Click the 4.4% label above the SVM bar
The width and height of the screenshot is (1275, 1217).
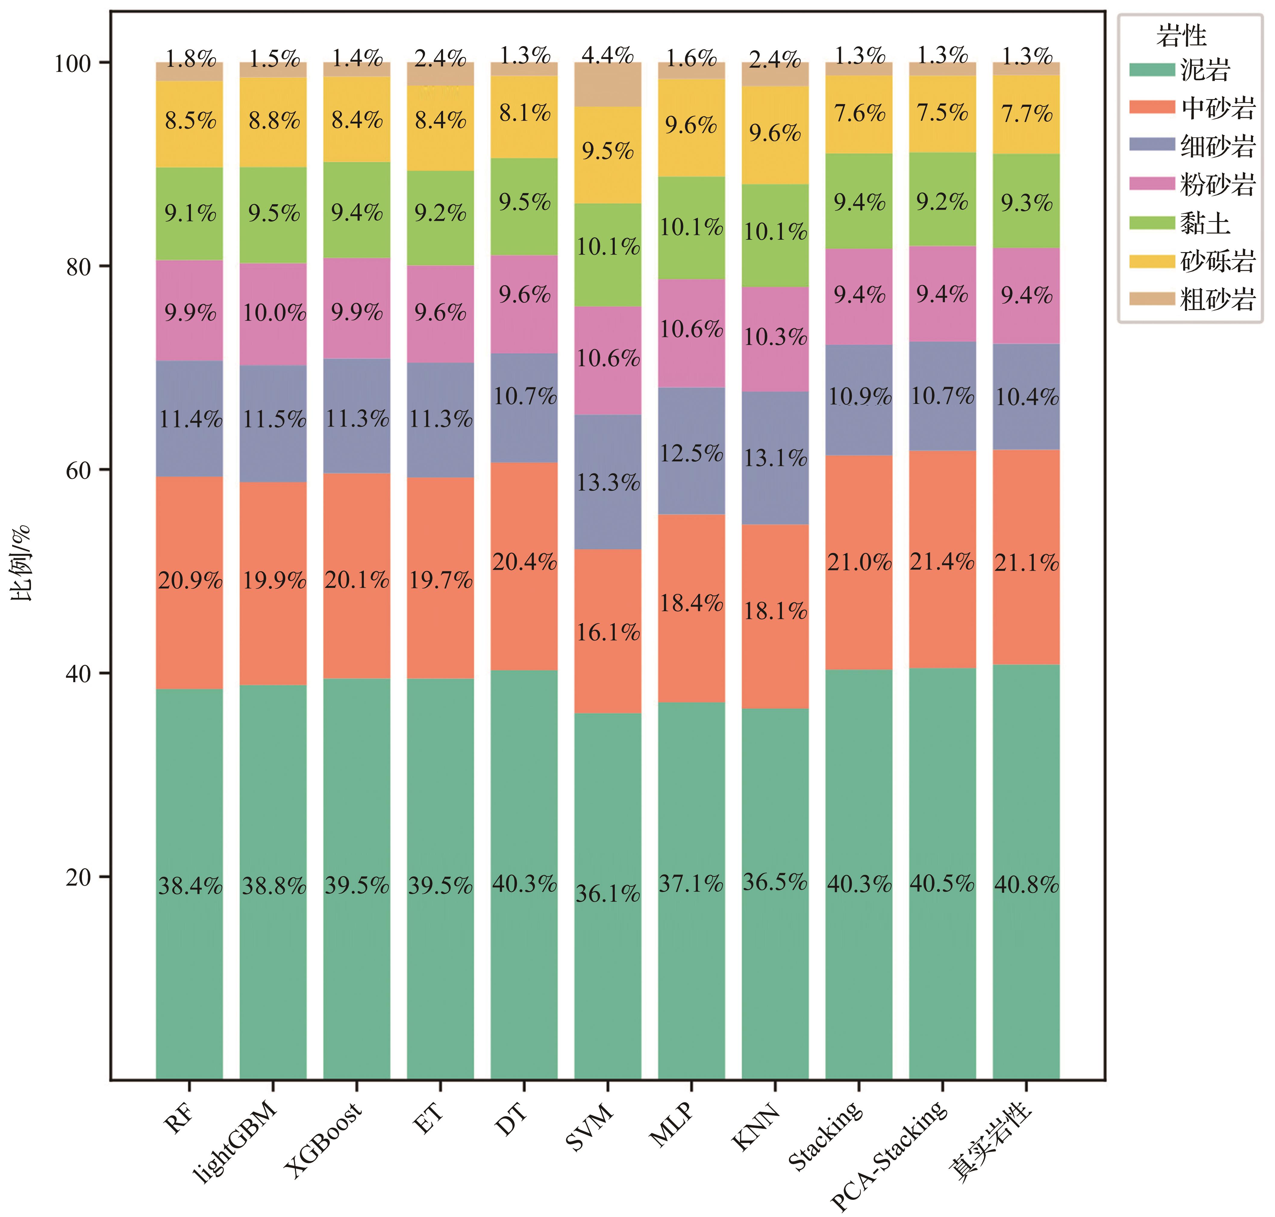coord(607,56)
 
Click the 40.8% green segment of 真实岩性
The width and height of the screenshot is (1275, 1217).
coord(1026,884)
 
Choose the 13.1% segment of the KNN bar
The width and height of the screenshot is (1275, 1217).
coord(775,458)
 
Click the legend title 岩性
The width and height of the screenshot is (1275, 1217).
coord(1181,36)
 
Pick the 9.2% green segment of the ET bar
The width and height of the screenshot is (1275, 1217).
coord(441,213)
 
